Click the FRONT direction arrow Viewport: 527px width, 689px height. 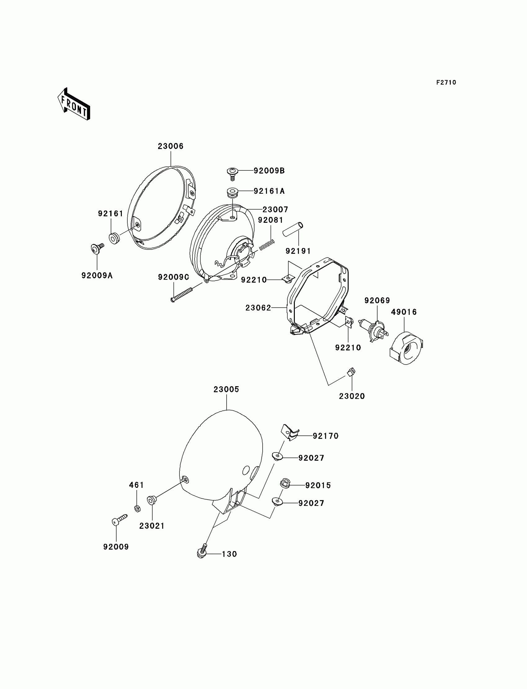74,104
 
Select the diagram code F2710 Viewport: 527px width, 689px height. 446,82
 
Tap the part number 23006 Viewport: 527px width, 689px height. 170,146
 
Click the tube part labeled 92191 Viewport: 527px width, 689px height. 293,230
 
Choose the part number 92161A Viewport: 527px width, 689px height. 269,191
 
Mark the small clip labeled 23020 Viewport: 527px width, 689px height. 351,372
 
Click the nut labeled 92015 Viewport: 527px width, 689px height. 285,484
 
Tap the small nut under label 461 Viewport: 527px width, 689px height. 137,508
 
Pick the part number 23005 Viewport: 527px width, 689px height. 226,389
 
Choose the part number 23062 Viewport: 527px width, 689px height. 258,308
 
